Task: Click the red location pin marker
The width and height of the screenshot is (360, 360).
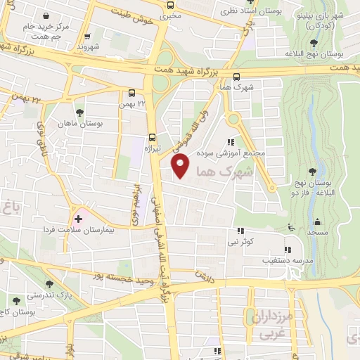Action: [181, 166]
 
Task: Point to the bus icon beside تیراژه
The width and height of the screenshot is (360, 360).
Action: [151, 138]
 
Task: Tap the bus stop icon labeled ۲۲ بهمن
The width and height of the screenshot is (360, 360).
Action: [132, 93]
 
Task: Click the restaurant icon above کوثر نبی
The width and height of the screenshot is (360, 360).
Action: [241, 231]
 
